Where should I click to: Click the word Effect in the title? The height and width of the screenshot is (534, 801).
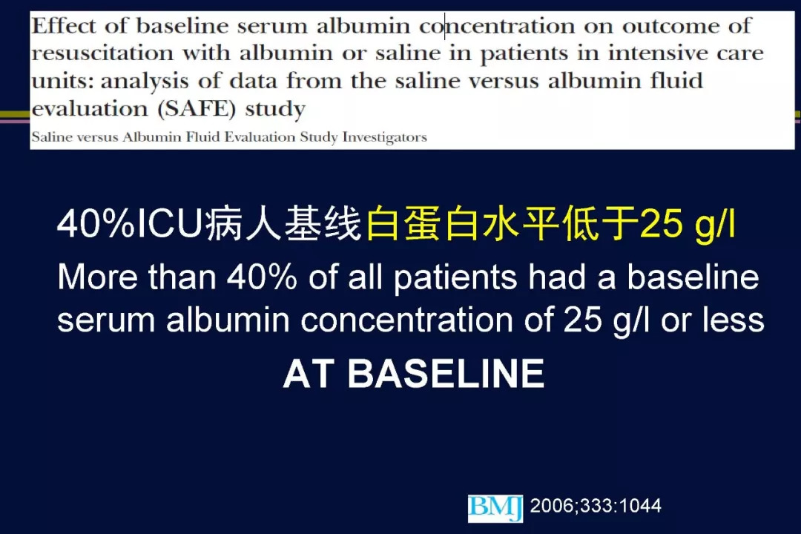(63, 25)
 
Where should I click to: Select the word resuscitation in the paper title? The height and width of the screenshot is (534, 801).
(102, 53)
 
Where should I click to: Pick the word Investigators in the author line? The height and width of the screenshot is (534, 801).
(384, 137)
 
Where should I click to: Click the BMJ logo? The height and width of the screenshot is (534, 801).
(495, 508)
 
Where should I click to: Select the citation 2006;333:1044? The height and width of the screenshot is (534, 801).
(596, 506)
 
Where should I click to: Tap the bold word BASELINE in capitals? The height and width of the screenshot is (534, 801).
(446, 374)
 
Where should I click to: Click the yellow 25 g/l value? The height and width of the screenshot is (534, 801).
(688, 224)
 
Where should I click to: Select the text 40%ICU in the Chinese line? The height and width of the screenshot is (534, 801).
(130, 224)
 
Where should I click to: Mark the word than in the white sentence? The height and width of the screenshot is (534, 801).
(182, 277)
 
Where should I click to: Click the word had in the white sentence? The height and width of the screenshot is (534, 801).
(557, 277)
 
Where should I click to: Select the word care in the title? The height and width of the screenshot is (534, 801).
(740, 53)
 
